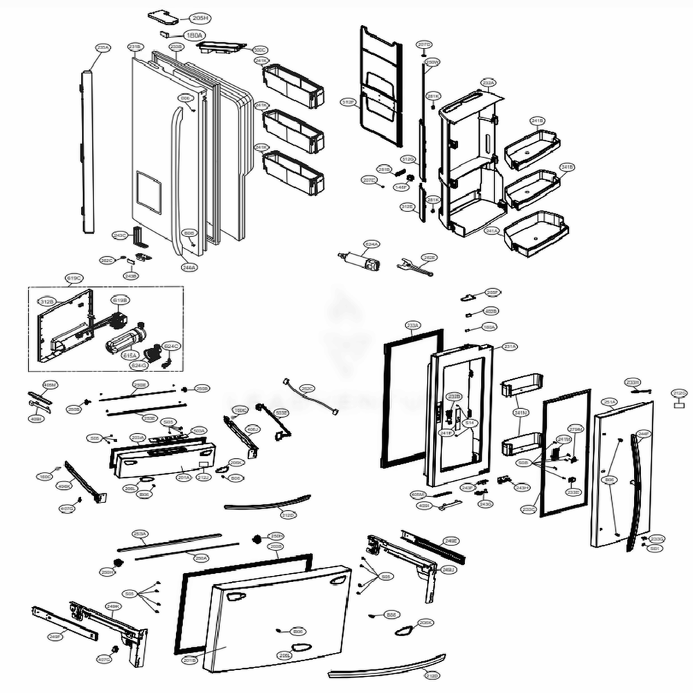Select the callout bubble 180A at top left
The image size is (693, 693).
[x=195, y=35]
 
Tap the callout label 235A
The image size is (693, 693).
[x=103, y=47]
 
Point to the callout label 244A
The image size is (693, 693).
[x=189, y=267]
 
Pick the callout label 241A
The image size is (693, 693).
[x=492, y=230]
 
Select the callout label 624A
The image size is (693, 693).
[x=372, y=244]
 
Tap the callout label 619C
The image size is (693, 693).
[x=74, y=279]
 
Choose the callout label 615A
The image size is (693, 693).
[x=129, y=356]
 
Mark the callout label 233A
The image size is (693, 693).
[x=413, y=324]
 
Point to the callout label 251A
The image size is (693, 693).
[x=610, y=401]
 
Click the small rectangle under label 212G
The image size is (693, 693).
[x=680, y=409]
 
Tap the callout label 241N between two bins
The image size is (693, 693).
[x=520, y=413]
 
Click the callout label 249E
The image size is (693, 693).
[x=451, y=540]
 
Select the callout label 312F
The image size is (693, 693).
[x=349, y=102]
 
